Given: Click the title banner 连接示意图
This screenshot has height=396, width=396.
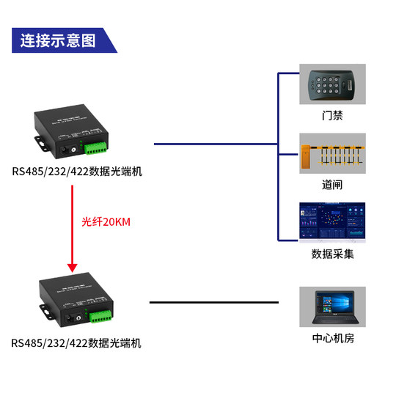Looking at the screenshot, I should tap(59, 40).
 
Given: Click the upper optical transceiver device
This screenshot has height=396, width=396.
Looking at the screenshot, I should tap(72, 132).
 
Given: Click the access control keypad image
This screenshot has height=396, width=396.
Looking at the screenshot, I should tap(331, 85).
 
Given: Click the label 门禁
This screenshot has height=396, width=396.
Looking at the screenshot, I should tap(332, 116).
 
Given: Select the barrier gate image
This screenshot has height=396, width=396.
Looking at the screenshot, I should tap(332, 154).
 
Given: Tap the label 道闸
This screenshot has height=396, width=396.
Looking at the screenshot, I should tap(332, 185).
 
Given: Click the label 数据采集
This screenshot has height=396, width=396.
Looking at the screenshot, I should tap(332, 254).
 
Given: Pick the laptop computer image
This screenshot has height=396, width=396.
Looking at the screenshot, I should tap(332, 307).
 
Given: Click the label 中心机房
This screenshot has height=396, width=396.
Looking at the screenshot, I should tap(332, 339).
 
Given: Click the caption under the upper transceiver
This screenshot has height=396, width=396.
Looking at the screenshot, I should tap(76, 172).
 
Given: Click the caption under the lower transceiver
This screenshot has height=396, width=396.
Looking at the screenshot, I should tap(76, 342).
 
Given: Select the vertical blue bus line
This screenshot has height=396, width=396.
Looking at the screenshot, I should tap(278, 157).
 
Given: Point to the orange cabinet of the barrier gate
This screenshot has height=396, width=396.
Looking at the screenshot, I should tap(305, 155).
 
